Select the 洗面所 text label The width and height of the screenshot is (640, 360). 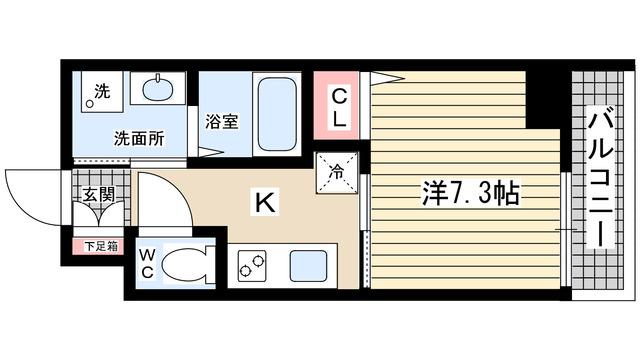coord(138,139)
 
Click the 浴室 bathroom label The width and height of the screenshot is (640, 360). coord(221,122)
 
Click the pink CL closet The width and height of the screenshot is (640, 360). coord(339,107)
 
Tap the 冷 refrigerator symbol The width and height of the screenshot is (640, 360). coord(335,170)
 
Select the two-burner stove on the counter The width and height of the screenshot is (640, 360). coord(251,267)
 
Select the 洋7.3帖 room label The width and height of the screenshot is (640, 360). coord(469,193)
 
